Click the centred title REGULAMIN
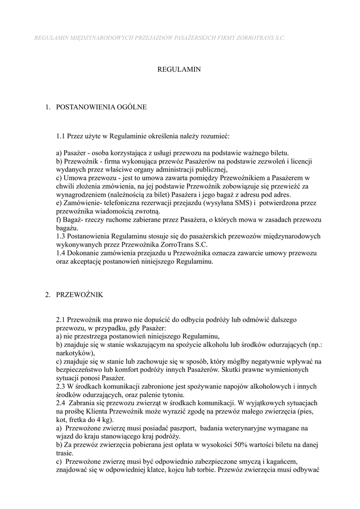coord(179,70)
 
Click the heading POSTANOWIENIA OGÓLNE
coord(101,107)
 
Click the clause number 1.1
coord(61,136)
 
